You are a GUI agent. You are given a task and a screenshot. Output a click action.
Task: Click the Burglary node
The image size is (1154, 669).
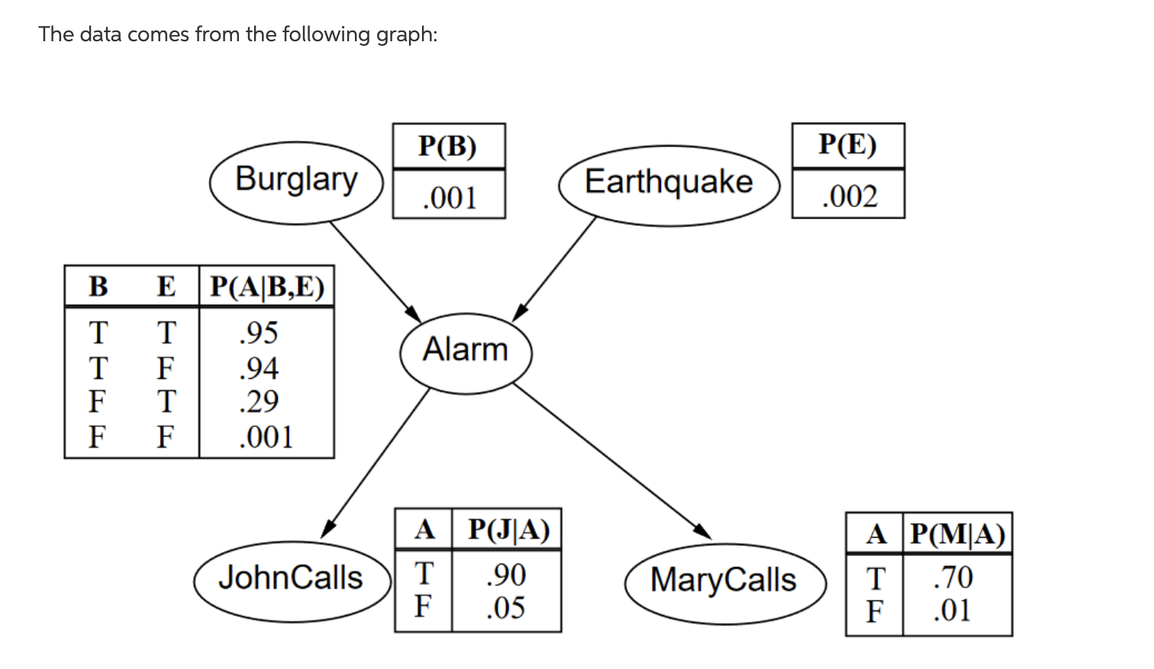click(296, 182)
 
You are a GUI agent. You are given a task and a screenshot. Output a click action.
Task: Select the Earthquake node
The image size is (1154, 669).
click(669, 184)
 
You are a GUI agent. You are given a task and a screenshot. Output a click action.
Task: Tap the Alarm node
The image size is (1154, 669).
click(466, 351)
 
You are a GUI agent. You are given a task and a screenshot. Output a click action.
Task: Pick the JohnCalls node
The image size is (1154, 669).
click(291, 579)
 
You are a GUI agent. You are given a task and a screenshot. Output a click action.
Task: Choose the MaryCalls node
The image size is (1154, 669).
click(724, 581)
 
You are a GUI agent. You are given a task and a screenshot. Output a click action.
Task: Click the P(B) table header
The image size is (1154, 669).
click(448, 146)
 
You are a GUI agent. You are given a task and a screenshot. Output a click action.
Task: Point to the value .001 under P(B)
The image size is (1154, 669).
click(449, 198)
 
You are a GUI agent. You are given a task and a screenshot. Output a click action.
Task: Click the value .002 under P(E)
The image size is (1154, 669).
click(849, 196)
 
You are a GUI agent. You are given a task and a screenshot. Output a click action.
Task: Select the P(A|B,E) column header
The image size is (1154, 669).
click(267, 286)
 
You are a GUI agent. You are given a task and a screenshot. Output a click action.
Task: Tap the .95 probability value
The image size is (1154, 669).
click(258, 333)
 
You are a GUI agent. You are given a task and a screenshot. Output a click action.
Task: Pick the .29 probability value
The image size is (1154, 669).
click(258, 402)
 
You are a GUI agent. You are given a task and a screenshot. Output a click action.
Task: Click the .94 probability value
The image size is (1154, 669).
click(258, 368)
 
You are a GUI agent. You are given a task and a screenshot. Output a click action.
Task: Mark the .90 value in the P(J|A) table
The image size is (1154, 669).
click(506, 574)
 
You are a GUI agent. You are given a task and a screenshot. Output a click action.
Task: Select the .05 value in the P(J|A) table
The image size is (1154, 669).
click(506, 608)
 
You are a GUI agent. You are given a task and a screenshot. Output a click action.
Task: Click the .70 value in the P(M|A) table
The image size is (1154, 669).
click(953, 577)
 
